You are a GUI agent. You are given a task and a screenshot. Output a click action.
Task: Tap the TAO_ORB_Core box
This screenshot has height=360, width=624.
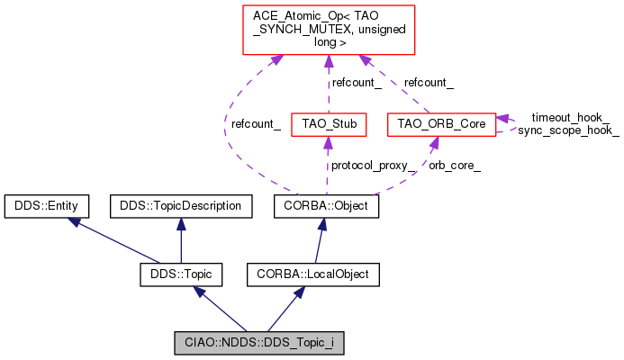pyautogui.click(x=440, y=122)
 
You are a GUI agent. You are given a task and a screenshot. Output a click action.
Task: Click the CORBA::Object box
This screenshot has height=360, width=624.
pyautogui.click(x=327, y=206)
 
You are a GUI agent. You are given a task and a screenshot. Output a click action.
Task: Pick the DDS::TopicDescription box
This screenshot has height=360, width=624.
pyautogui.click(x=181, y=206)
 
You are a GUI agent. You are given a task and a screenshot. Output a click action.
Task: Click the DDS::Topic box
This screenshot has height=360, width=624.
pyautogui.click(x=181, y=272)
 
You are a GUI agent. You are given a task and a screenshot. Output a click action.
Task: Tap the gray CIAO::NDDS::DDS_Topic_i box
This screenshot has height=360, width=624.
pyautogui.click(x=258, y=342)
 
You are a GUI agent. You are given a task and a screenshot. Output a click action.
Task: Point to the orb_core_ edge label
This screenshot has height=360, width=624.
pyautogui.click(x=454, y=166)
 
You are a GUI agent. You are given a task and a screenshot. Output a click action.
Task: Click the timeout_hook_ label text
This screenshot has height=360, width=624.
pyautogui.click(x=570, y=117)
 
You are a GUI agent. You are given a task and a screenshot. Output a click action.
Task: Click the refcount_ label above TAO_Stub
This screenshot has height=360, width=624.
pyautogui.click(x=356, y=83)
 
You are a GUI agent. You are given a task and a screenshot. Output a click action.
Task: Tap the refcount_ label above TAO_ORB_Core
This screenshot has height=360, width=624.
pyautogui.click(x=429, y=83)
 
